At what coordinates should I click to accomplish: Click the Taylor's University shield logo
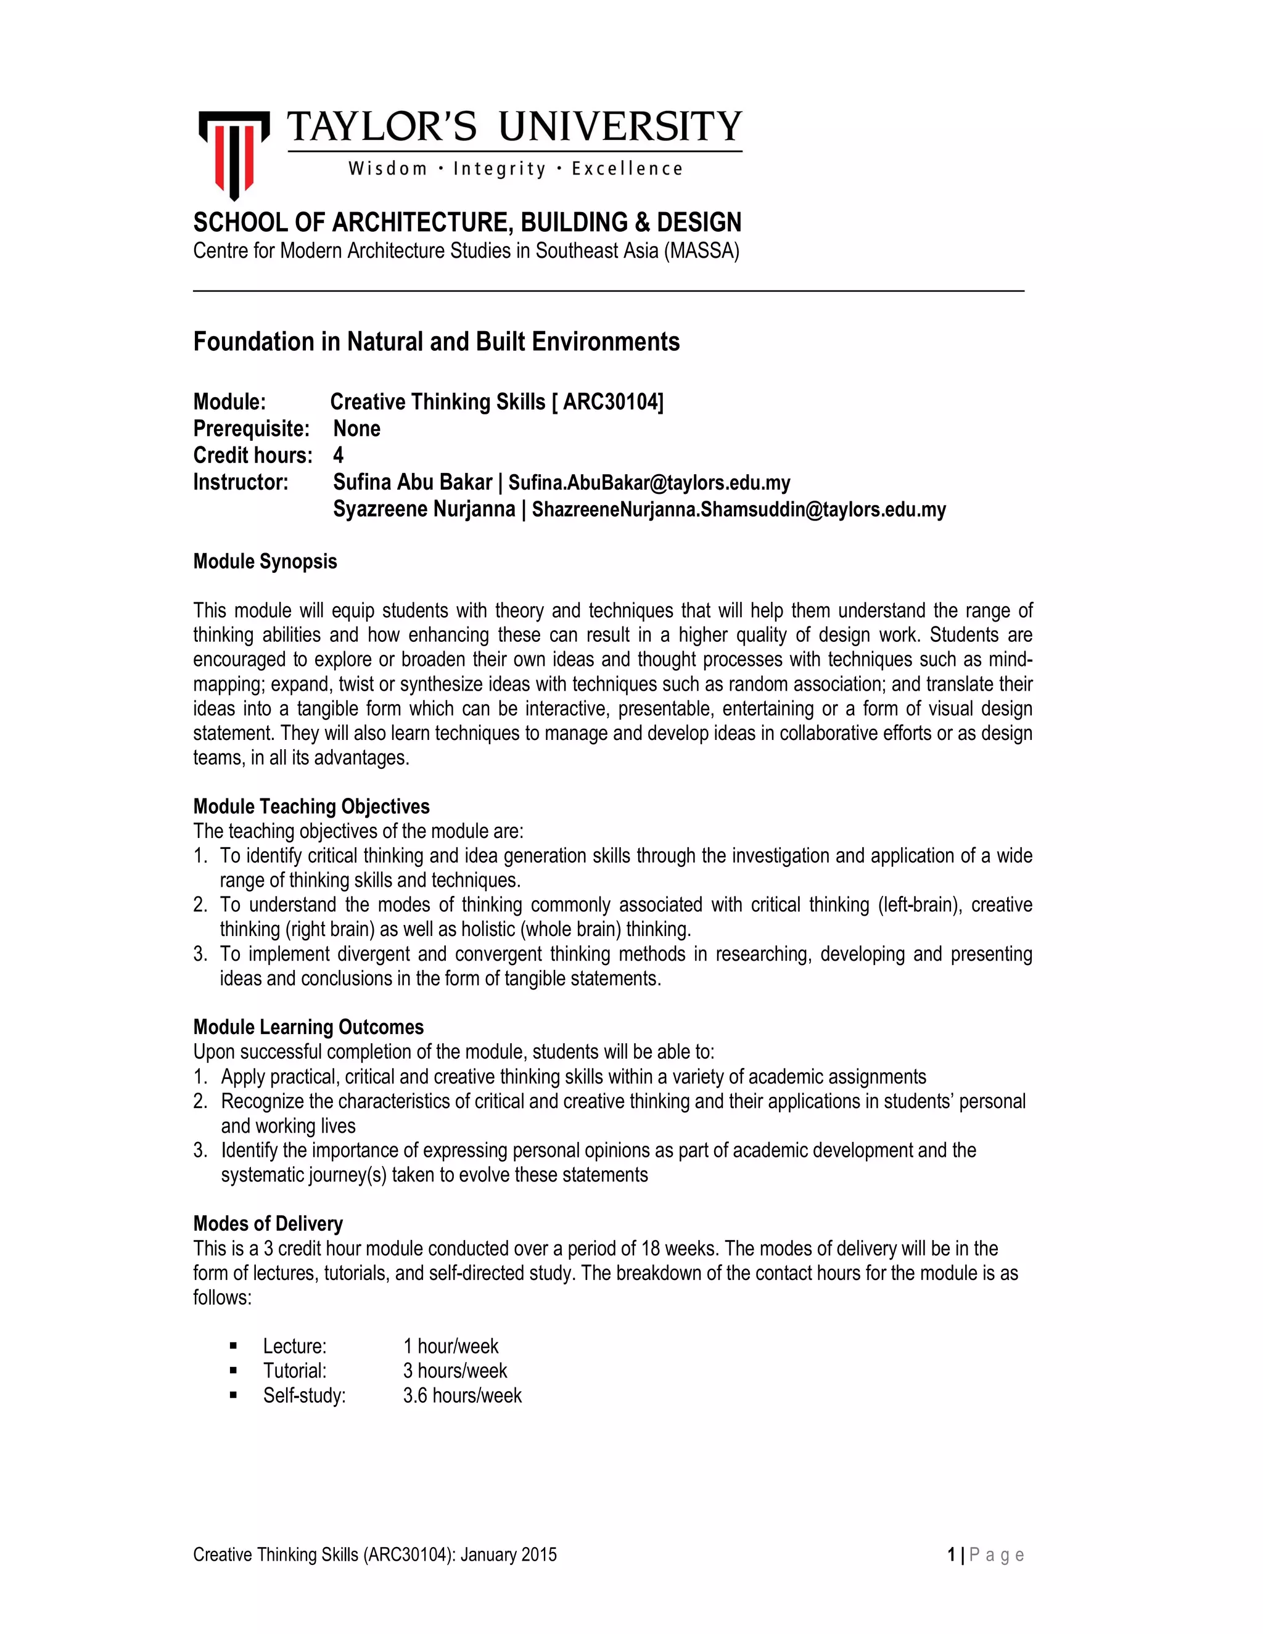click(x=234, y=154)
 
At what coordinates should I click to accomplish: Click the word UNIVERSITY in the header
click(x=620, y=126)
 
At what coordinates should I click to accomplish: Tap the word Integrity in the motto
click(x=500, y=169)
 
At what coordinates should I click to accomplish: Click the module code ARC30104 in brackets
click(x=611, y=403)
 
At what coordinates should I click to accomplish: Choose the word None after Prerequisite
click(x=356, y=429)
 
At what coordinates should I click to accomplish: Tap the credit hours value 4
click(x=338, y=456)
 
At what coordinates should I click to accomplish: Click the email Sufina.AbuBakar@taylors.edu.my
click(x=649, y=483)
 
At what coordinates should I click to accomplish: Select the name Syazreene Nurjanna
click(x=424, y=509)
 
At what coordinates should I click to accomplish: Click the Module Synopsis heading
click(x=265, y=562)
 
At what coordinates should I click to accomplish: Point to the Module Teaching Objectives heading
click(x=311, y=807)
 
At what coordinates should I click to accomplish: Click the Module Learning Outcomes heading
click(x=308, y=1027)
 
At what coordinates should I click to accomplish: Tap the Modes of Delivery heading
click(x=268, y=1224)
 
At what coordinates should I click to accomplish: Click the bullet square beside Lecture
click(x=234, y=1347)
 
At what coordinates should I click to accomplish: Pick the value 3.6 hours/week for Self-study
click(x=462, y=1395)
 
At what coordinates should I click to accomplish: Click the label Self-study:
click(x=304, y=1395)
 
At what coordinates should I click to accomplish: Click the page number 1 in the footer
click(x=951, y=1554)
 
